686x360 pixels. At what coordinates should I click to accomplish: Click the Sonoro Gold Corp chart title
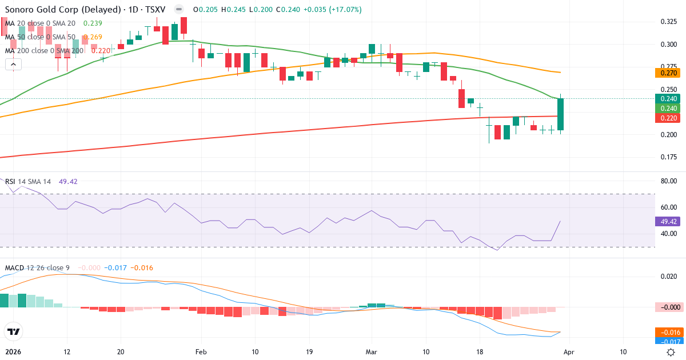[86, 10]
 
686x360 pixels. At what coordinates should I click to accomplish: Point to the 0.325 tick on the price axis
[668, 22]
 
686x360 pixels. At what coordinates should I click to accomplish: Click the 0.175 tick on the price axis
[668, 157]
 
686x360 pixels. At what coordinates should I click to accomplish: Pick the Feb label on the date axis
[201, 352]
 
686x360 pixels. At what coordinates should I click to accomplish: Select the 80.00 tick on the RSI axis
[668, 181]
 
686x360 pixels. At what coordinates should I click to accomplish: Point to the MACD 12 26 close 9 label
[38, 268]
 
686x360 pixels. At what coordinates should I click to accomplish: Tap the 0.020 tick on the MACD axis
[668, 277]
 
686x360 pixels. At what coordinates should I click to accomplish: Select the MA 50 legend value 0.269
[93, 37]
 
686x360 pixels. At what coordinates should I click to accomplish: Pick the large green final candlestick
[561, 114]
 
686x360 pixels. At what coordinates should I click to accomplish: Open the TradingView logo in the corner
[14, 331]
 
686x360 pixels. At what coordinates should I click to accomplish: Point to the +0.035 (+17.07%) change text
[325, 10]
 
